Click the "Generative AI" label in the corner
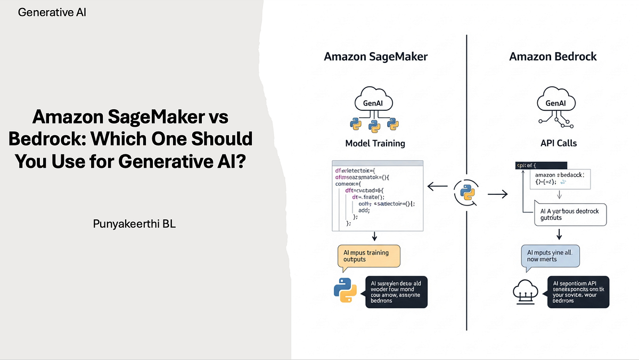click(x=52, y=12)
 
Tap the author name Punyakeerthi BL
click(x=134, y=224)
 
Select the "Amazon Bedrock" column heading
click(x=552, y=56)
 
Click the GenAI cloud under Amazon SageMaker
click(x=375, y=101)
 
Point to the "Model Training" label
click(x=375, y=143)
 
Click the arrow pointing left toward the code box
click(x=438, y=186)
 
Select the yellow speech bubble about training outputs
click(x=368, y=256)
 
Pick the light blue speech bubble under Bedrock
click(x=550, y=256)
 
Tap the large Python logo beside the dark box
click(x=345, y=290)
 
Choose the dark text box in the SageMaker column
click(x=396, y=291)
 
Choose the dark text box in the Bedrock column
click(x=578, y=291)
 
